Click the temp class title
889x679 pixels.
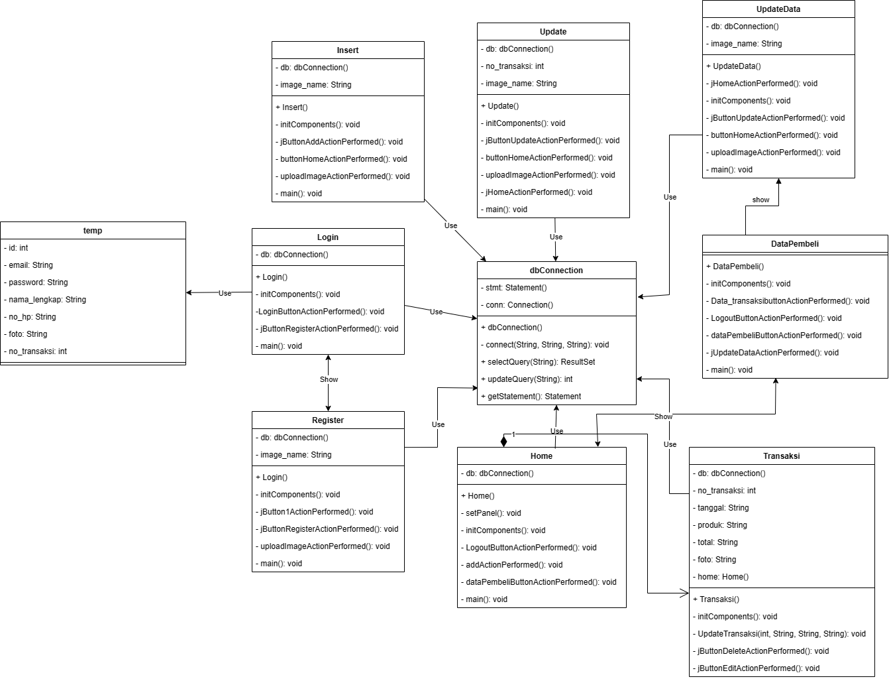tap(93, 231)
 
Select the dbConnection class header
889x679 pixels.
tap(556, 271)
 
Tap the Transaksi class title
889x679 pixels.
tap(781, 456)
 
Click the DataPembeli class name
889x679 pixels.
tap(794, 244)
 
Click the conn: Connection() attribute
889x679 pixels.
tap(519, 305)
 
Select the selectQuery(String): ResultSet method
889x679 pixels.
tap(537, 362)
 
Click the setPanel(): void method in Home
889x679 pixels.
tap(493, 513)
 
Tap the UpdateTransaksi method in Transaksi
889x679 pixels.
tap(781, 634)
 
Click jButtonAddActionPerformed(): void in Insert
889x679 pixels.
tap(341, 142)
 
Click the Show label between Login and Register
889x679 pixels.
tap(329, 379)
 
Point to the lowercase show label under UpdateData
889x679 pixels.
tap(760, 200)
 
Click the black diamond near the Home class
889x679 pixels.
tap(503, 441)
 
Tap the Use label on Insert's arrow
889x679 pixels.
tap(450, 225)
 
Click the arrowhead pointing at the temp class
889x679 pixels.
tap(190, 292)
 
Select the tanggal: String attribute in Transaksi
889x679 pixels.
tap(723, 508)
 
